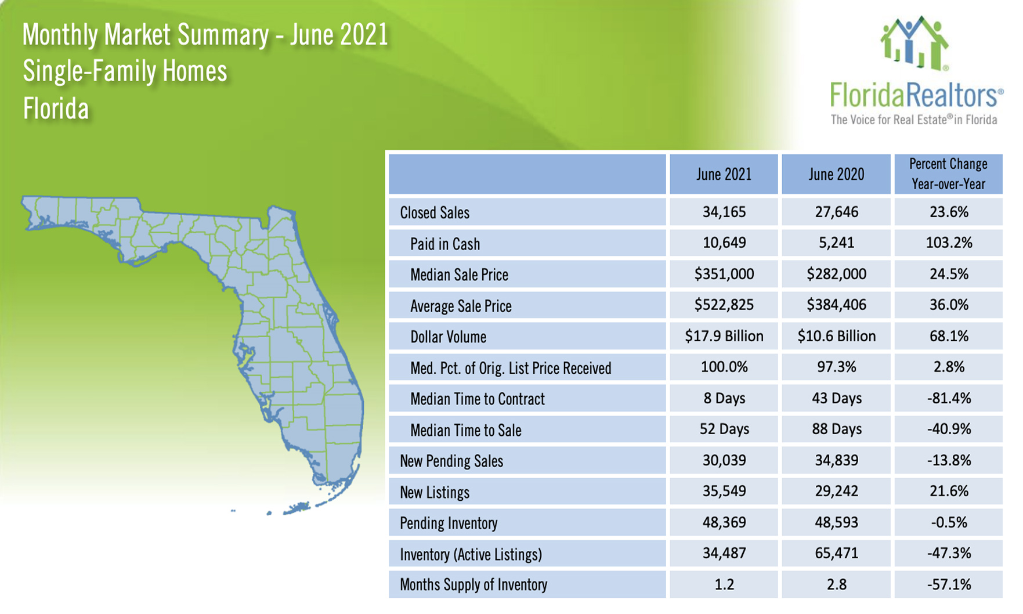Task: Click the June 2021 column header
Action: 724,174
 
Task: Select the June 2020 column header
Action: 836,174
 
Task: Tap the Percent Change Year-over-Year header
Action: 948,174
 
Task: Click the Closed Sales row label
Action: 435,213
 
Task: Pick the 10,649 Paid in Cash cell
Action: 724,243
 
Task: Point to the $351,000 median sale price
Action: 724,274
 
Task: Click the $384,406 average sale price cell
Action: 836,305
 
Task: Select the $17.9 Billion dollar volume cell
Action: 724,336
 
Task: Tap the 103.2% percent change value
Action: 948,243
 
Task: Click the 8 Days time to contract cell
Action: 724,398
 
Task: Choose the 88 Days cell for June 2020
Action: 836,429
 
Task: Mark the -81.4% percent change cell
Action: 948,398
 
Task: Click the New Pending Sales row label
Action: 451,461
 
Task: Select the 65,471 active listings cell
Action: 836,553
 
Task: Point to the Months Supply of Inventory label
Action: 473,585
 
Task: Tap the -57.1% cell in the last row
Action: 948,584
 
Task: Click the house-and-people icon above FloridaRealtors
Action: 914,44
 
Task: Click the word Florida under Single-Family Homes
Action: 56,109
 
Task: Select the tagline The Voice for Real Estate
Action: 913,120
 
